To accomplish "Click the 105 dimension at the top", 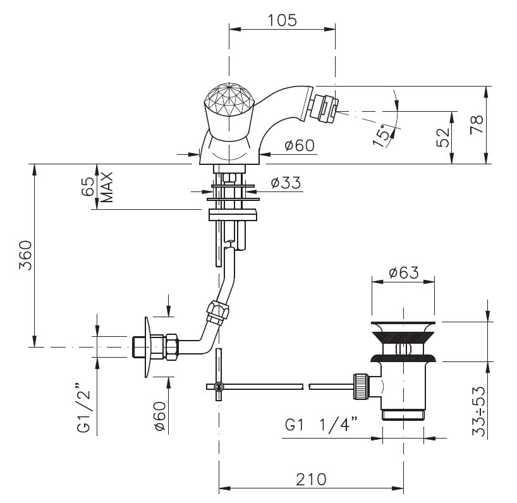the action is pos(282,20).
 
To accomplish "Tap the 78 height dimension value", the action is pos(477,124).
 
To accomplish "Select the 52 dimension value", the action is pos(443,137).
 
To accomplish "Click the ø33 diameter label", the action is pos(286,183).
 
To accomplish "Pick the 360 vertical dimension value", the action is pos(25,255).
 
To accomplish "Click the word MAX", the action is pos(107,187).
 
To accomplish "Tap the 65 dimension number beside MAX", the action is pos(88,186).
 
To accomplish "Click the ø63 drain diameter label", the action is pos(404,272).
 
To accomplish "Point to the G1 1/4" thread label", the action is pos(322,424).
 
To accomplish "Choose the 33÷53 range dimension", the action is pos(478,411).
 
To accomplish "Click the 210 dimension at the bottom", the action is pos(311,480).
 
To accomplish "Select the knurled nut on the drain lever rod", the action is pos(361,386).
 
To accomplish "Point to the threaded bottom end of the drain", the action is pos(403,415).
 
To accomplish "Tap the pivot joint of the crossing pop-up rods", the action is pos(218,386).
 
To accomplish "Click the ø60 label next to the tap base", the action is pos(300,145).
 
